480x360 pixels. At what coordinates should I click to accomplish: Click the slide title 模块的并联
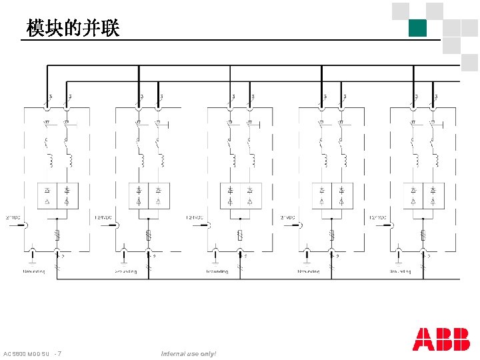click(73, 28)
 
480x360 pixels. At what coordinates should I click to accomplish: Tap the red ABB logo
click(441, 339)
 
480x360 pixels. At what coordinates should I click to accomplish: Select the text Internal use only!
click(189, 353)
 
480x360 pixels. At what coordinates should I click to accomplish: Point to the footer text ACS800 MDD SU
click(27, 353)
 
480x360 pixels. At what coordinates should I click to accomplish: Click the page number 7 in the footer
click(60, 353)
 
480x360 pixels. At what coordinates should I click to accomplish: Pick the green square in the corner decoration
click(417, 28)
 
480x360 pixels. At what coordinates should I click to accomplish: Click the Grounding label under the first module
click(34, 271)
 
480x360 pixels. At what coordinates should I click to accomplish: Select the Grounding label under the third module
click(217, 271)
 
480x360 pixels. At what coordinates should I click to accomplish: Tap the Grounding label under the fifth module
click(400, 271)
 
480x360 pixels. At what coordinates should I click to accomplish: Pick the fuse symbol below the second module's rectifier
click(149, 234)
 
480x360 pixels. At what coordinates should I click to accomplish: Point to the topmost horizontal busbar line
click(253, 65)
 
